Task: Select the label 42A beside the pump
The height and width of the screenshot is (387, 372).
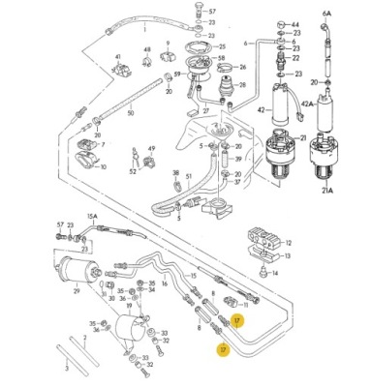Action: (x=333, y=104)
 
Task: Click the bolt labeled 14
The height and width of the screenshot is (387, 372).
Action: (x=146, y=372)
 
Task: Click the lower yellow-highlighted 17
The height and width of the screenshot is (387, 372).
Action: (x=224, y=351)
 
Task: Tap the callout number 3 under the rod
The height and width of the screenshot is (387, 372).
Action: (x=65, y=369)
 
